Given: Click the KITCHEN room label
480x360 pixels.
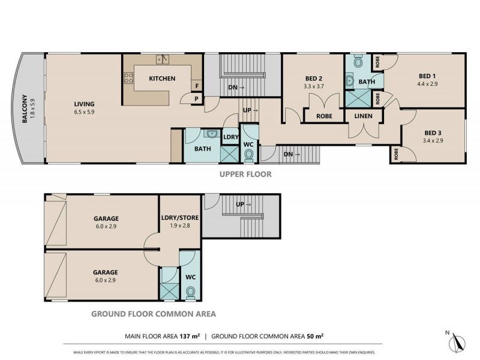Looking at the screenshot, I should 162,79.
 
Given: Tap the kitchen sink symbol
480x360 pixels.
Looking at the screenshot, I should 162,59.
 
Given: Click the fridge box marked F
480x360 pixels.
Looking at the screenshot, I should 197,86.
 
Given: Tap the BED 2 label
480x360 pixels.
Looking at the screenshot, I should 314,79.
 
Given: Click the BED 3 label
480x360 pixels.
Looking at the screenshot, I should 433,133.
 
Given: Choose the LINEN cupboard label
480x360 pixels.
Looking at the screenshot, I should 364,116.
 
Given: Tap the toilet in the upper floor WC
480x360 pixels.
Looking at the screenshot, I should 249,155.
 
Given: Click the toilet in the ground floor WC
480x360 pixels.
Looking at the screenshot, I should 191,292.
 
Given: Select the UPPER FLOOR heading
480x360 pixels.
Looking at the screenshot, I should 247,175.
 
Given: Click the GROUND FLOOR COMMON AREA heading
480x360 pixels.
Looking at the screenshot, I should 153,314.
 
